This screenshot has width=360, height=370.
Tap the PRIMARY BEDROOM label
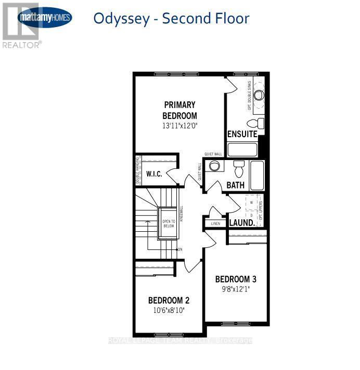pyautogui.click(x=179, y=110)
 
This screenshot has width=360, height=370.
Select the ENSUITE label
pyautogui.click(x=242, y=134)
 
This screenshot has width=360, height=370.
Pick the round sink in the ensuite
pyautogui.click(x=259, y=95)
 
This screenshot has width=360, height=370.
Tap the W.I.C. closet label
pyautogui.click(x=153, y=174)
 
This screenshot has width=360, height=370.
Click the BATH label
pyautogui.click(x=235, y=185)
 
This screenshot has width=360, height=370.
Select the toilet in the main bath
pyautogui.click(x=239, y=169)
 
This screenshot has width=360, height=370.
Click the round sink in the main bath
pyautogui.click(x=213, y=166)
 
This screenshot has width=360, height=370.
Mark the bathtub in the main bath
pyautogui.click(x=258, y=176)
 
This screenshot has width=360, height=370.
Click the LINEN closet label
pyautogui.click(x=215, y=223)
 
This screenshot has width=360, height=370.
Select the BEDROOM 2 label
pyautogui.click(x=168, y=300)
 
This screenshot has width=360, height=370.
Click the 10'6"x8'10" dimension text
pyautogui.click(x=168, y=310)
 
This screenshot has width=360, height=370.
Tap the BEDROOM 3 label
pyautogui.click(x=236, y=279)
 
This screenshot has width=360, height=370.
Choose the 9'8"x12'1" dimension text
pyautogui.click(x=236, y=289)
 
